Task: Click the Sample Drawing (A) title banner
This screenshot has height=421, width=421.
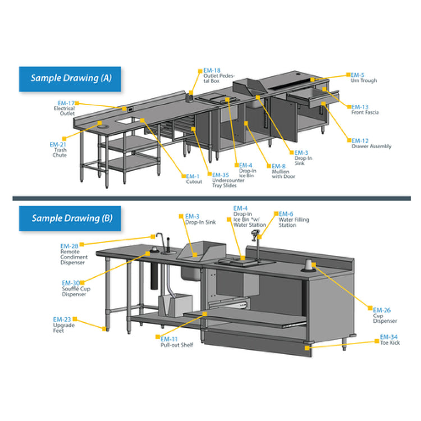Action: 71,79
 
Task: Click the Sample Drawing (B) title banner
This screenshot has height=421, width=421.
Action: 71,218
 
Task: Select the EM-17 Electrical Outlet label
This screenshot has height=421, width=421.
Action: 65,108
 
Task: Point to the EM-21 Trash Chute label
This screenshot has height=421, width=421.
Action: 58,149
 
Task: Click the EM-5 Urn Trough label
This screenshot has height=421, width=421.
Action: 364,77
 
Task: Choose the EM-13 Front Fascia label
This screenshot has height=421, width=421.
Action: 365,109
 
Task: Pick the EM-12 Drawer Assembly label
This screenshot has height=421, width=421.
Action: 371,143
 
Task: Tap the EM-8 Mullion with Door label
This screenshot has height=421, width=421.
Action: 283,171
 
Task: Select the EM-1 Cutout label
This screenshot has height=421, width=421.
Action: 194,179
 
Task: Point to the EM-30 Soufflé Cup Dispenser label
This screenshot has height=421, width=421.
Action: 75,289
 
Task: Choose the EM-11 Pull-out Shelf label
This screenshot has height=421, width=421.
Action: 177,342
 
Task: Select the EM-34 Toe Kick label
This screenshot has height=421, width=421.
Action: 390,340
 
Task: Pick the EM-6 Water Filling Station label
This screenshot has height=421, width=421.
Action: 293,219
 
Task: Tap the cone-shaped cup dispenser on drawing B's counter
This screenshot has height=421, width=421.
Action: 308,265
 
